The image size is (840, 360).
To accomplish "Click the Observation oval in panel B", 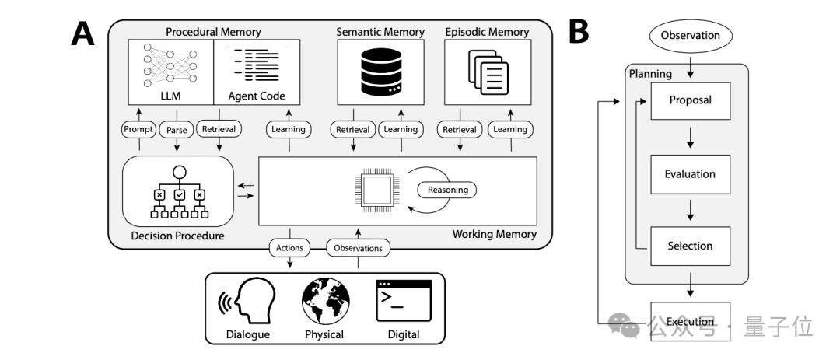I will pyautogui.click(x=690, y=35).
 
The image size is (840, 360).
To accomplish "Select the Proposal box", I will pyautogui.click(x=690, y=101).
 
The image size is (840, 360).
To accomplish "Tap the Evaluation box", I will pyautogui.click(x=690, y=173).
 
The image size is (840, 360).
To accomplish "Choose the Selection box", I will pyautogui.click(x=690, y=246).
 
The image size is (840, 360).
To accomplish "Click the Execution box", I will pyautogui.click(x=690, y=321).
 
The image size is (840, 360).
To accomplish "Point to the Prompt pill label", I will pyautogui.click(x=140, y=130).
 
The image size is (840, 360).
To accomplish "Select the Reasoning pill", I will pyautogui.click(x=446, y=189).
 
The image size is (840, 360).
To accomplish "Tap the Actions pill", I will pyautogui.click(x=289, y=249).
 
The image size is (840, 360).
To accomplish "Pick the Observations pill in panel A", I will pyautogui.click(x=358, y=249).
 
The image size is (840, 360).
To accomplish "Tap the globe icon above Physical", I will pyautogui.click(x=324, y=300).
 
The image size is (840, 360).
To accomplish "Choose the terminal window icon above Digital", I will pyautogui.click(x=403, y=300).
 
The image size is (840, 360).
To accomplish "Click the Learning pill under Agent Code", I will pyautogui.click(x=289, y=130).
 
